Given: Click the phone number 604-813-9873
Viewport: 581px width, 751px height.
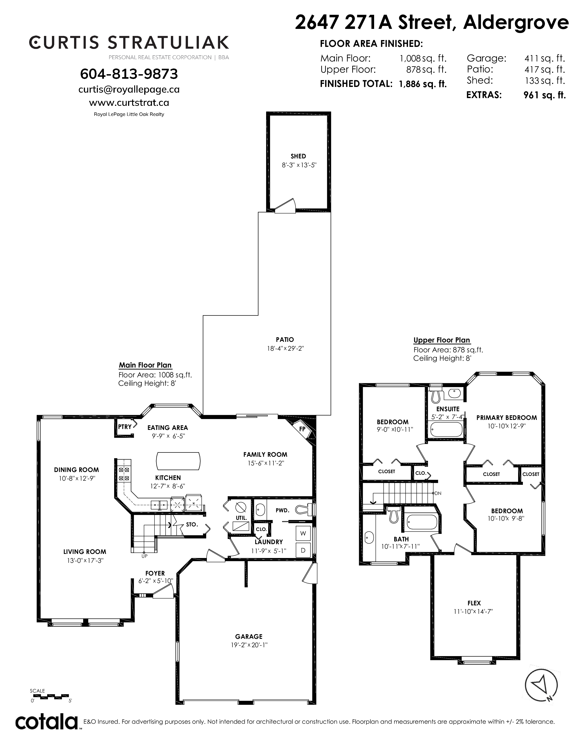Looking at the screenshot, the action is [129, 74].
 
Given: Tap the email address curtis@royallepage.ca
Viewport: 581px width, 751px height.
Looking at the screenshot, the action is [129, 89].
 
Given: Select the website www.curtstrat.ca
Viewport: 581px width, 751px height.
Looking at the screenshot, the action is [129, 103].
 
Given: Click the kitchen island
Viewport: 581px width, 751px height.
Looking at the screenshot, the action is [178, 461].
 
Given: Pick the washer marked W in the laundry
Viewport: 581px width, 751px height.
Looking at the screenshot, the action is [303, 533].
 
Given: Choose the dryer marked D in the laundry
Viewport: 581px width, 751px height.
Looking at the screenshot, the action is [303, 551].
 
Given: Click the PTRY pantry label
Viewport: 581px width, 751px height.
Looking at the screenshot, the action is [125, 427].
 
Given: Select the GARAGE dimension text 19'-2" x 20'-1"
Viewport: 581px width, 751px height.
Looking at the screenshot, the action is [249, 645].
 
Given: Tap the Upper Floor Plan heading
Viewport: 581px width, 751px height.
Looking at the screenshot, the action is [442, 340].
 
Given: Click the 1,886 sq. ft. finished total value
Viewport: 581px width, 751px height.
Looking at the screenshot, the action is [423, 84].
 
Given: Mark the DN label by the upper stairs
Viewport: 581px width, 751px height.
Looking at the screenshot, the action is [438, 493].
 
